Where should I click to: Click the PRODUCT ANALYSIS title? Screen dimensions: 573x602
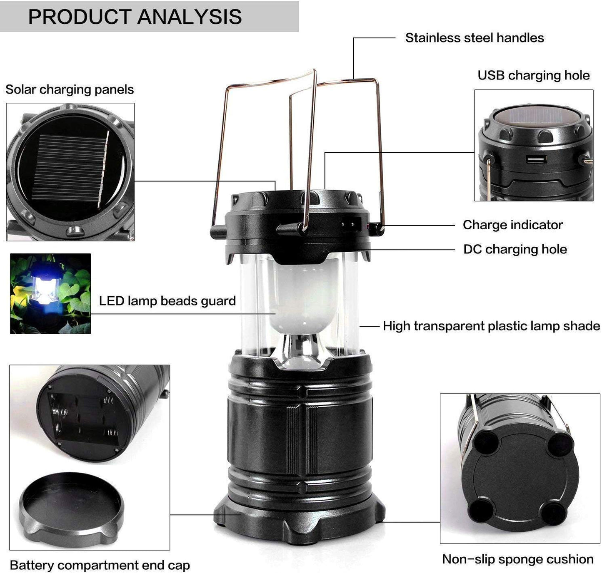(x=135, y=17)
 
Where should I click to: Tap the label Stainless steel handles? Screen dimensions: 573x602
(x=474, y=38)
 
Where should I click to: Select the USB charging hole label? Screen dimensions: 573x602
(x=533, y=75)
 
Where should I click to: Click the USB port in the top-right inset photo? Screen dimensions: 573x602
(x=536, y=159)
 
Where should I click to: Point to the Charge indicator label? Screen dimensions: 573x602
(x=512, y=225)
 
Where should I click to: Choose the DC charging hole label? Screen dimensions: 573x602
(x=515, y=249)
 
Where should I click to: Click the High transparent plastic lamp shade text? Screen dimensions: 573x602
(x=491, y=326)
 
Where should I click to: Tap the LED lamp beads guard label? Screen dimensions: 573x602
(x=167, y=301)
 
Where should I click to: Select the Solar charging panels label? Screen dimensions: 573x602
(x=70, y=89)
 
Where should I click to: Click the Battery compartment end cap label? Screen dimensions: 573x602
(x=100, y=565)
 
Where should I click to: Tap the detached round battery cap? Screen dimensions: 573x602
(x=71, y=504)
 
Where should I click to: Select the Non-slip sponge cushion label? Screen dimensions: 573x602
(x=517, y=559)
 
